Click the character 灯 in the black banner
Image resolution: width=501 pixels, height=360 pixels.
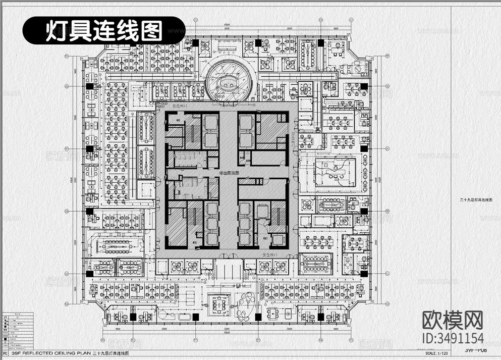[55, 31]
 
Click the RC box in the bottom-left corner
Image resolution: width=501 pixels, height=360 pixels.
[6, 354]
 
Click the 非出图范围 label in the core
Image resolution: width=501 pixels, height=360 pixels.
[227, 173]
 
